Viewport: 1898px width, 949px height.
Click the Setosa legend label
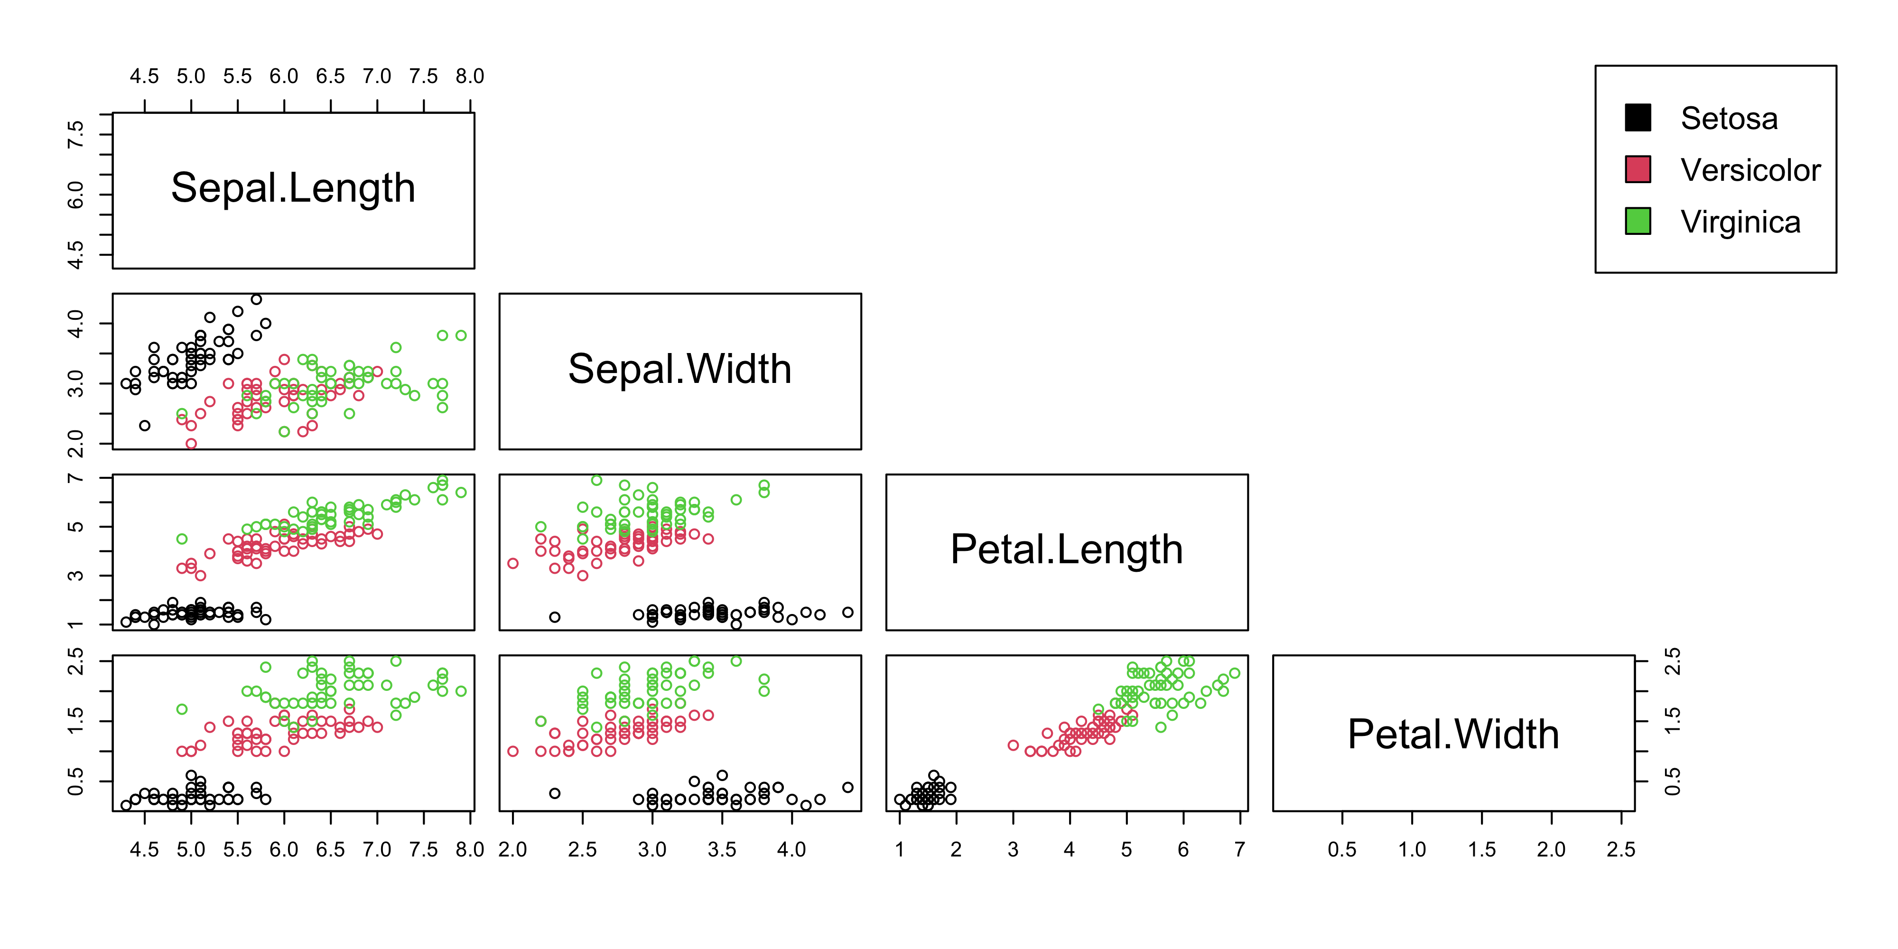point(1729,119)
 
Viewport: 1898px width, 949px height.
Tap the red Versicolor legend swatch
point(1637,169)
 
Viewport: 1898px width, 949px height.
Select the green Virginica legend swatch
point(1637,221)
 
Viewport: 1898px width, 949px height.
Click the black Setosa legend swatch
point(1637,118)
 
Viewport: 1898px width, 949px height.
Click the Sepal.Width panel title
point(679,369)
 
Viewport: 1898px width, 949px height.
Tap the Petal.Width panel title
point(1453,735)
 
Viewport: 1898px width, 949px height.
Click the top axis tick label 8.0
point(469,76)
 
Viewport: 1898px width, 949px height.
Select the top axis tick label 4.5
point(144,76)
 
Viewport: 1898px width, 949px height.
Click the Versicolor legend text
point(1750,170)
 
